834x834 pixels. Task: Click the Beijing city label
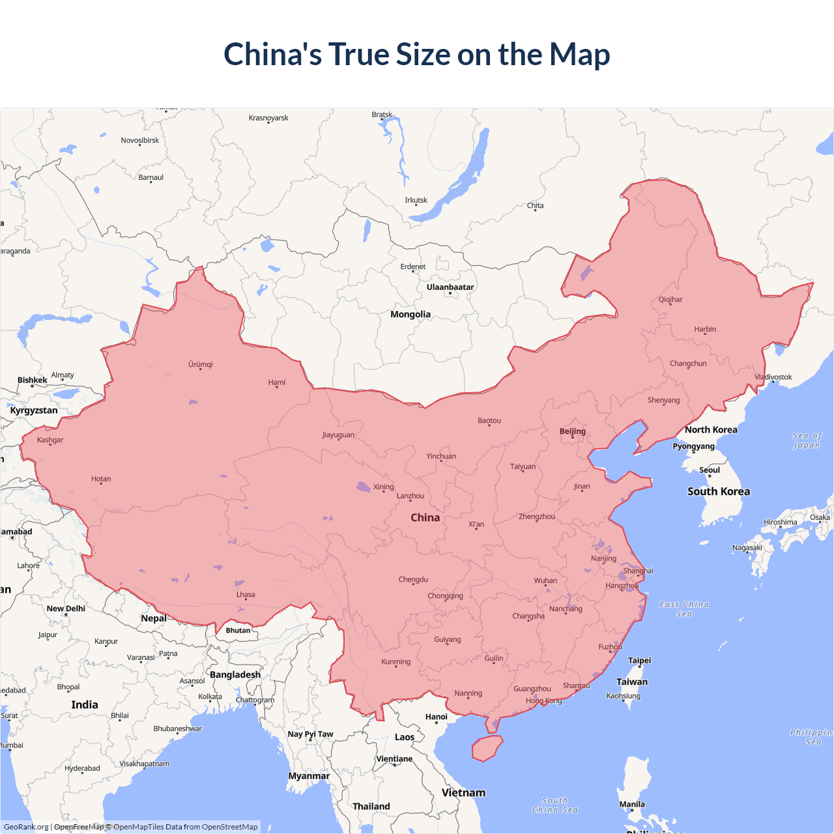click(x=573, y=431)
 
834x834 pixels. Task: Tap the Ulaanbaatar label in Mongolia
click(x=450, y=287)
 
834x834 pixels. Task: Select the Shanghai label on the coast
click(x=638, y=571)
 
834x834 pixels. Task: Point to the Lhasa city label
click(x=246, y=594)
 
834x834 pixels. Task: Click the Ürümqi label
click(x=201, y=364)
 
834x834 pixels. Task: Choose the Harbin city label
click(x=705, y=329)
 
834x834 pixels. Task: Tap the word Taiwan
click(x=632, y=682)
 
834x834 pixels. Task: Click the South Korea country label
click(x=719, y=491)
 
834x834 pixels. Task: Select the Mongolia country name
click(x=410, y=314)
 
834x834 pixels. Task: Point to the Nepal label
click(x=154, y=618)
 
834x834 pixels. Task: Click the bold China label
click(x=425, y=517)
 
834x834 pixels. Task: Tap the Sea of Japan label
click(x=807, y=440)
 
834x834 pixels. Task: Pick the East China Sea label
click(x=684, y=609)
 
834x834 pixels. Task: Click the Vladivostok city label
click(x=773, y=377)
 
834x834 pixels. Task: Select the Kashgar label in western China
click(x=50, y=440)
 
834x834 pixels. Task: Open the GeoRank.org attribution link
click(x=26, y=827)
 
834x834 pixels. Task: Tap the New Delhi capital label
click(x=66, y=609)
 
